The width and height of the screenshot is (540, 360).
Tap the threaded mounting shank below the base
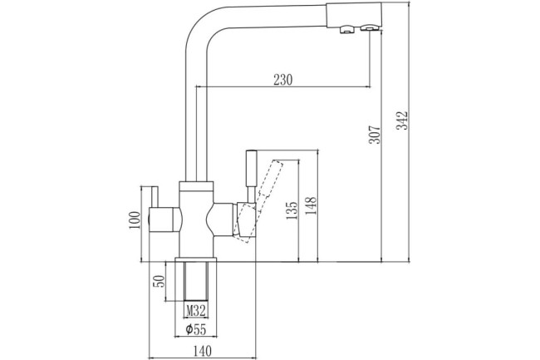(x=197, y=280)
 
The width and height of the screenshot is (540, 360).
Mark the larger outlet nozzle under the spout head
(x=366, y=31)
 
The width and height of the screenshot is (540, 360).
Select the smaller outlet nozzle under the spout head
(x=343, y=31)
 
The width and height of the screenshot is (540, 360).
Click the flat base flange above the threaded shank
(x=197, y=258)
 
